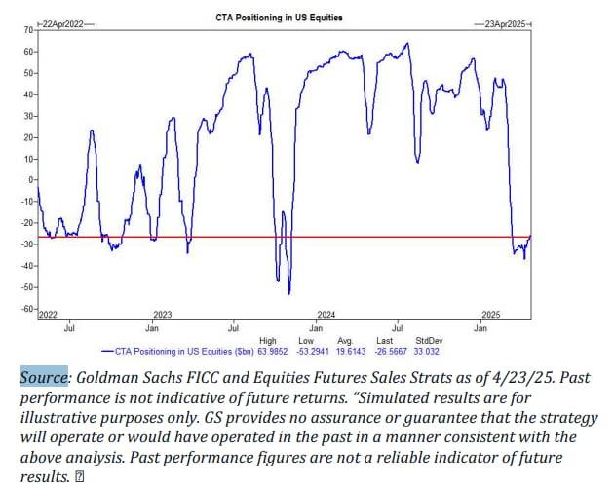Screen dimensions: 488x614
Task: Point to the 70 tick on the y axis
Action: pos(26,30)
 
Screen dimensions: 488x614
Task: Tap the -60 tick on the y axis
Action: pos(26,309)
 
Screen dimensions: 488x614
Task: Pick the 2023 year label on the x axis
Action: pos(163,315)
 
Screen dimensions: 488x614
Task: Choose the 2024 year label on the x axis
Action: pos(326,315)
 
